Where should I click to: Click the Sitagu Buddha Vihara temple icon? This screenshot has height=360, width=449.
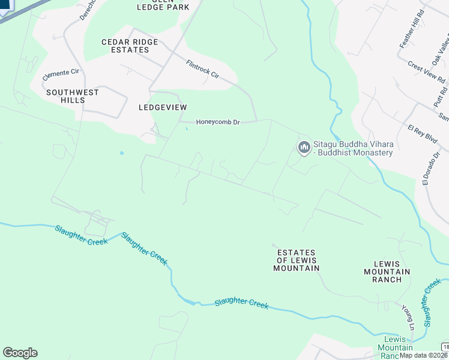pos(304,147)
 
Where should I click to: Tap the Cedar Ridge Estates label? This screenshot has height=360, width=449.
pos(130,46)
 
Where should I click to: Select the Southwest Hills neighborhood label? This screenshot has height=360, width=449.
pos(73,96)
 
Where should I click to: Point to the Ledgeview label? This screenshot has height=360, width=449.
pos(163,107)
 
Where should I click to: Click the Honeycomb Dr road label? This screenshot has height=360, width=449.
pos(218,122)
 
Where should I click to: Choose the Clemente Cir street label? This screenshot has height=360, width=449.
pos(61,75)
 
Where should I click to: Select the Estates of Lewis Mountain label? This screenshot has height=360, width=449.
pos(298,260)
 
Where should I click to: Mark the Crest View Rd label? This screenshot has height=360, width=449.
pos(426,72)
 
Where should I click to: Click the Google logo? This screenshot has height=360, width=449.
pos(20,353)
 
